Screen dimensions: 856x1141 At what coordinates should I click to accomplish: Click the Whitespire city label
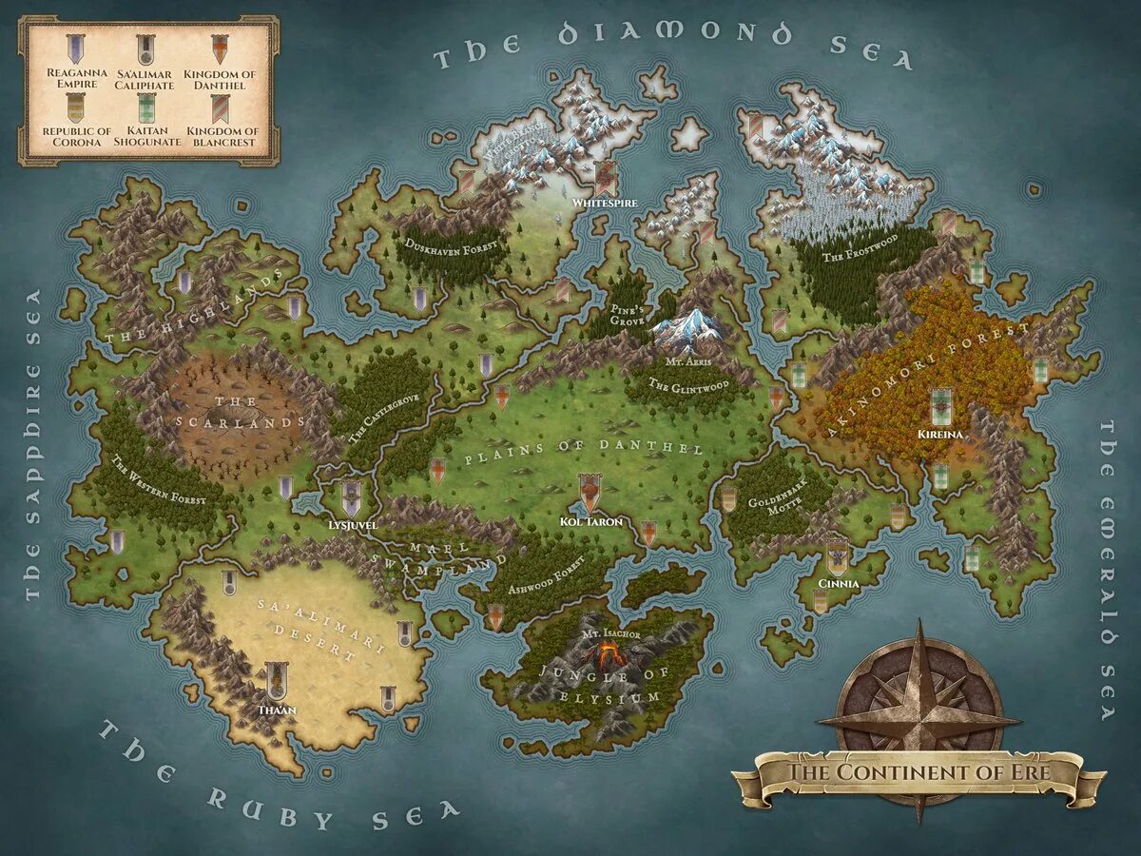click(597, 203)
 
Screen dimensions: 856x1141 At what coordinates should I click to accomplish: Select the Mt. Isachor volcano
click(606, 653)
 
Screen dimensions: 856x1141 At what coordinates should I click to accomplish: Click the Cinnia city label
click(838, 583)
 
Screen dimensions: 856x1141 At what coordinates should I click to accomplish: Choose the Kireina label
click(941, 434)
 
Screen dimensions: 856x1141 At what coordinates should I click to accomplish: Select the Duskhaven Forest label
click(452, 246)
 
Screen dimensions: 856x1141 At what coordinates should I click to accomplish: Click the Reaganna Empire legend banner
click(74, 49)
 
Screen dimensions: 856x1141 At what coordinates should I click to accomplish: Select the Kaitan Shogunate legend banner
click(146, 107)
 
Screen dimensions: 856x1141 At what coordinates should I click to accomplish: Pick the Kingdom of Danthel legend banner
click(220, 49)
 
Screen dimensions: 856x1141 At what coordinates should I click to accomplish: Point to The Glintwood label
click(688, 384)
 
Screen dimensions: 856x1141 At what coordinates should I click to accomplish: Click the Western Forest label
click(158, 481)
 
